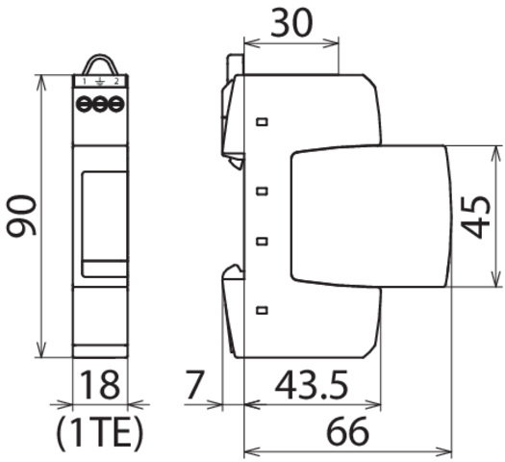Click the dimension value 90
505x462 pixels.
click(x=21, y=216)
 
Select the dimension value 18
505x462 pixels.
click(x=100, y=385)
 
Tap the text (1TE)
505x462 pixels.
click(x=99, y=433)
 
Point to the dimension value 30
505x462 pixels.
click(x=291, y=23)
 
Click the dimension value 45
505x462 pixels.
click(x=476, y=218)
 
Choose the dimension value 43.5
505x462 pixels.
click(x=312, y=385)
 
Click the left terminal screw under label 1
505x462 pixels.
click(x=84, y=104)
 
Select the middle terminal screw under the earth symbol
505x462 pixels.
click(x=100, y=104)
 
